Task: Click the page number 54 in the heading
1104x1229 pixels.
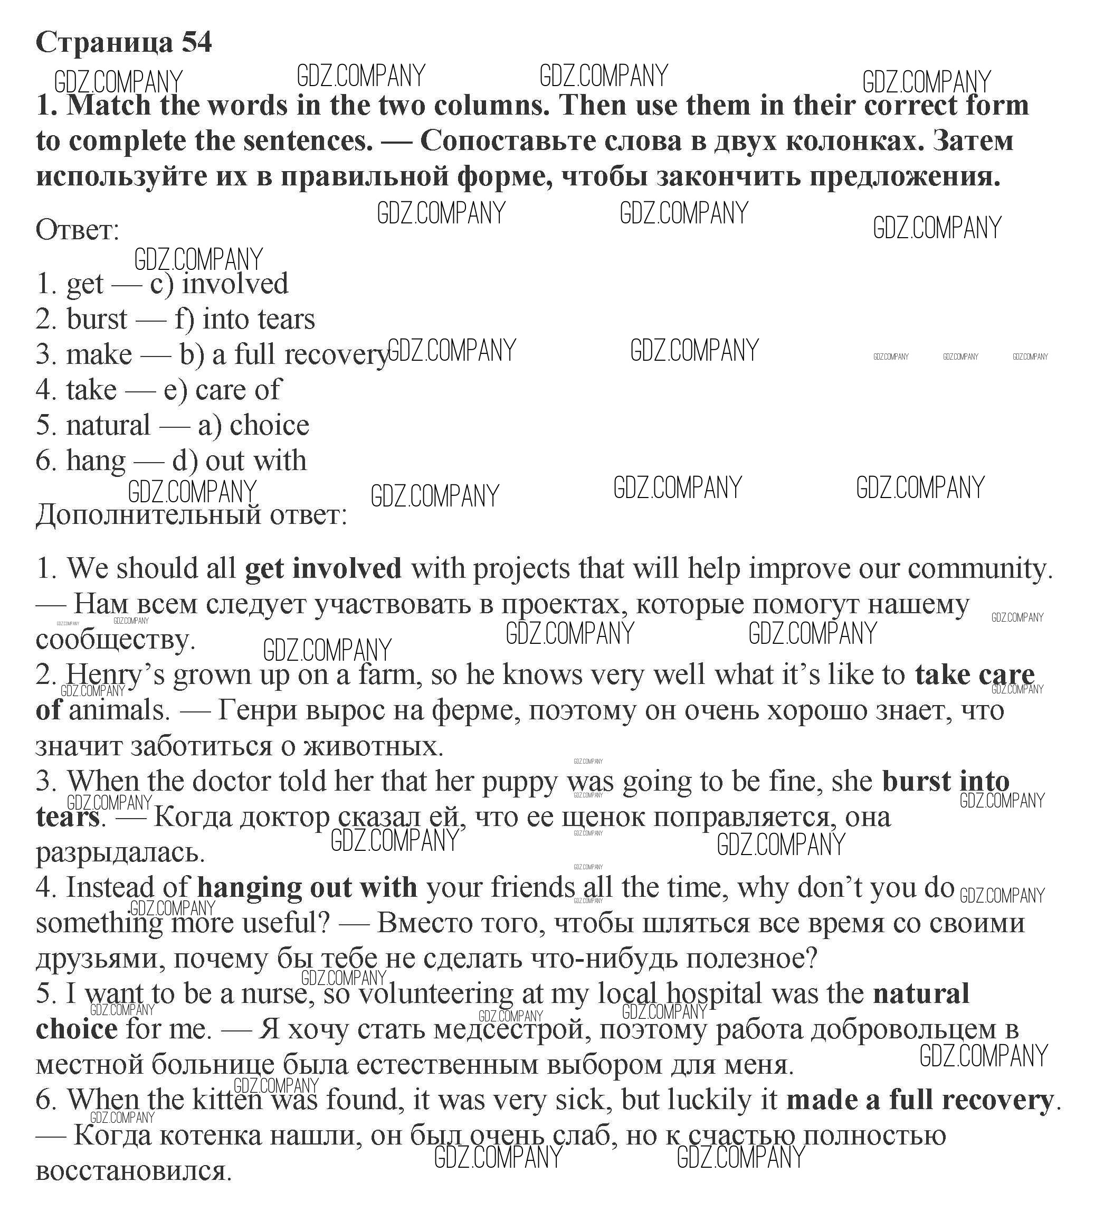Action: (x=196, y=42)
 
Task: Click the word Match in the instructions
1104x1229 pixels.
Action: (x=109, y=106)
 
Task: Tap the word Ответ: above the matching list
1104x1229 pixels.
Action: (x=78, y=230)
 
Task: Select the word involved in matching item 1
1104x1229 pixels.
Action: (x=235, y=284)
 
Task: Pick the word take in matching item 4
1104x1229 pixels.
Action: (x=91, y=390)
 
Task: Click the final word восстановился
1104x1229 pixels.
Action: (x=134, y=1171)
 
